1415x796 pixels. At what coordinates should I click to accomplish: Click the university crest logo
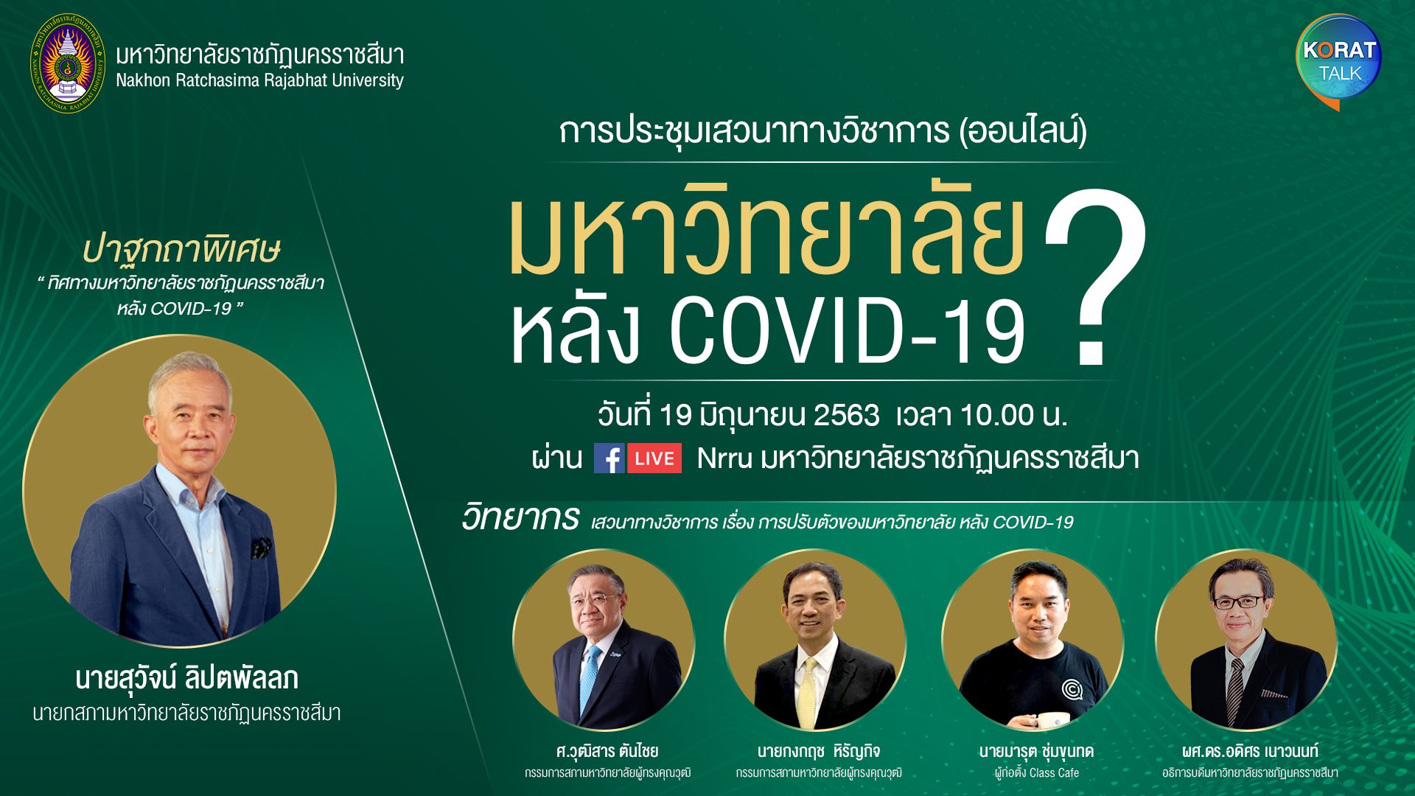(x=67, y=63)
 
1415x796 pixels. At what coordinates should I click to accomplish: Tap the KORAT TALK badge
(x=1338, y=62)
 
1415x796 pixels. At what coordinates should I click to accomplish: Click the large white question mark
(x=1096, y=277)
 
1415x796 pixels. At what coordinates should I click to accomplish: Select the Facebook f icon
(x=609, y=458)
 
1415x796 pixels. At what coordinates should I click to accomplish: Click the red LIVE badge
(x=654, y=458)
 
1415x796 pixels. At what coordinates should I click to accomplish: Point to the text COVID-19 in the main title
(x=847, y=330)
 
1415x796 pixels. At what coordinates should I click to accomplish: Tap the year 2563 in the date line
(x=846, y=416)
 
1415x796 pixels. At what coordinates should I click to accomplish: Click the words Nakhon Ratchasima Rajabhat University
(x=259, y=80)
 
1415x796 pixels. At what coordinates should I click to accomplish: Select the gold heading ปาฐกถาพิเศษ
(x=181, y=249)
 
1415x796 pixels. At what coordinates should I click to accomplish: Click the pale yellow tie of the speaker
(x=808, y=693)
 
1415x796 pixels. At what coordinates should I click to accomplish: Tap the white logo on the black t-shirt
(x=1072, y=690)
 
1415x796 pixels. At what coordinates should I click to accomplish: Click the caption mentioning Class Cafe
(x=1036, y=773)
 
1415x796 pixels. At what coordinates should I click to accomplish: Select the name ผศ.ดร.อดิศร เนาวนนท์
(x=1250, y=751)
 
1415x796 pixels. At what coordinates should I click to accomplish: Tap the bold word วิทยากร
(x=520, y=518)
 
